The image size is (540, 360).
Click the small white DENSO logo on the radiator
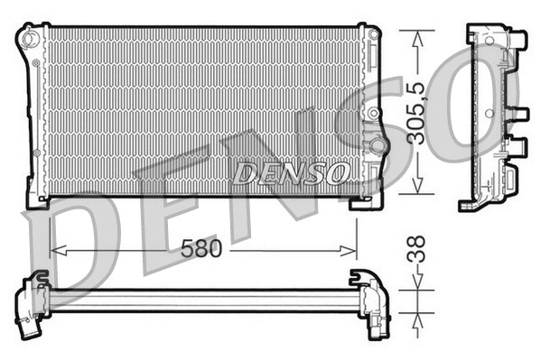[289, 171]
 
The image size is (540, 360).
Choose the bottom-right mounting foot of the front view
[366, 200]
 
